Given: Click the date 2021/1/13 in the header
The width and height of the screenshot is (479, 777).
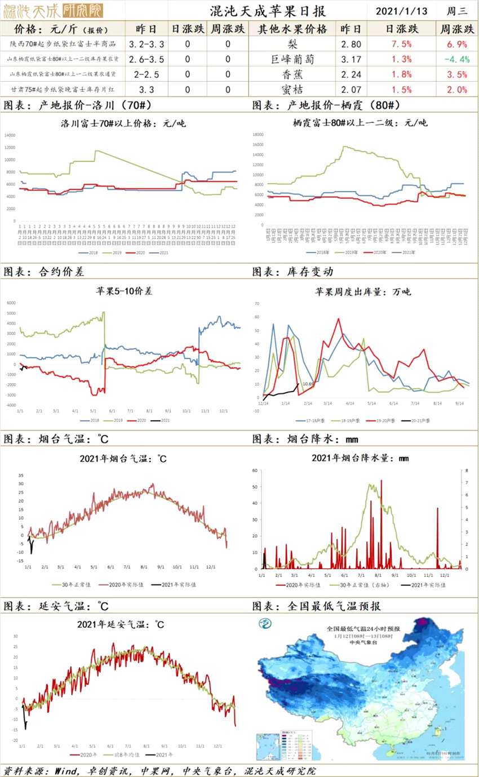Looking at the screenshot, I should pos(402,11).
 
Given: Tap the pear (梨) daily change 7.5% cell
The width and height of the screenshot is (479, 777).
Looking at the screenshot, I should pos(399,44).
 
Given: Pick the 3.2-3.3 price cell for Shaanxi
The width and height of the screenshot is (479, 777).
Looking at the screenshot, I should pos(147,44).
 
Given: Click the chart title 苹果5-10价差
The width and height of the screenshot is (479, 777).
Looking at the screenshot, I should pos(123,291).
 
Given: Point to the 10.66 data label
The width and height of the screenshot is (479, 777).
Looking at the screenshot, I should pos(307,384).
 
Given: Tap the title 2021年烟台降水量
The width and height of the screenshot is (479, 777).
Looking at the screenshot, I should pos(360,458).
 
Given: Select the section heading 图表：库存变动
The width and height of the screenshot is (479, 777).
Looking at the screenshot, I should pos(292,271).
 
